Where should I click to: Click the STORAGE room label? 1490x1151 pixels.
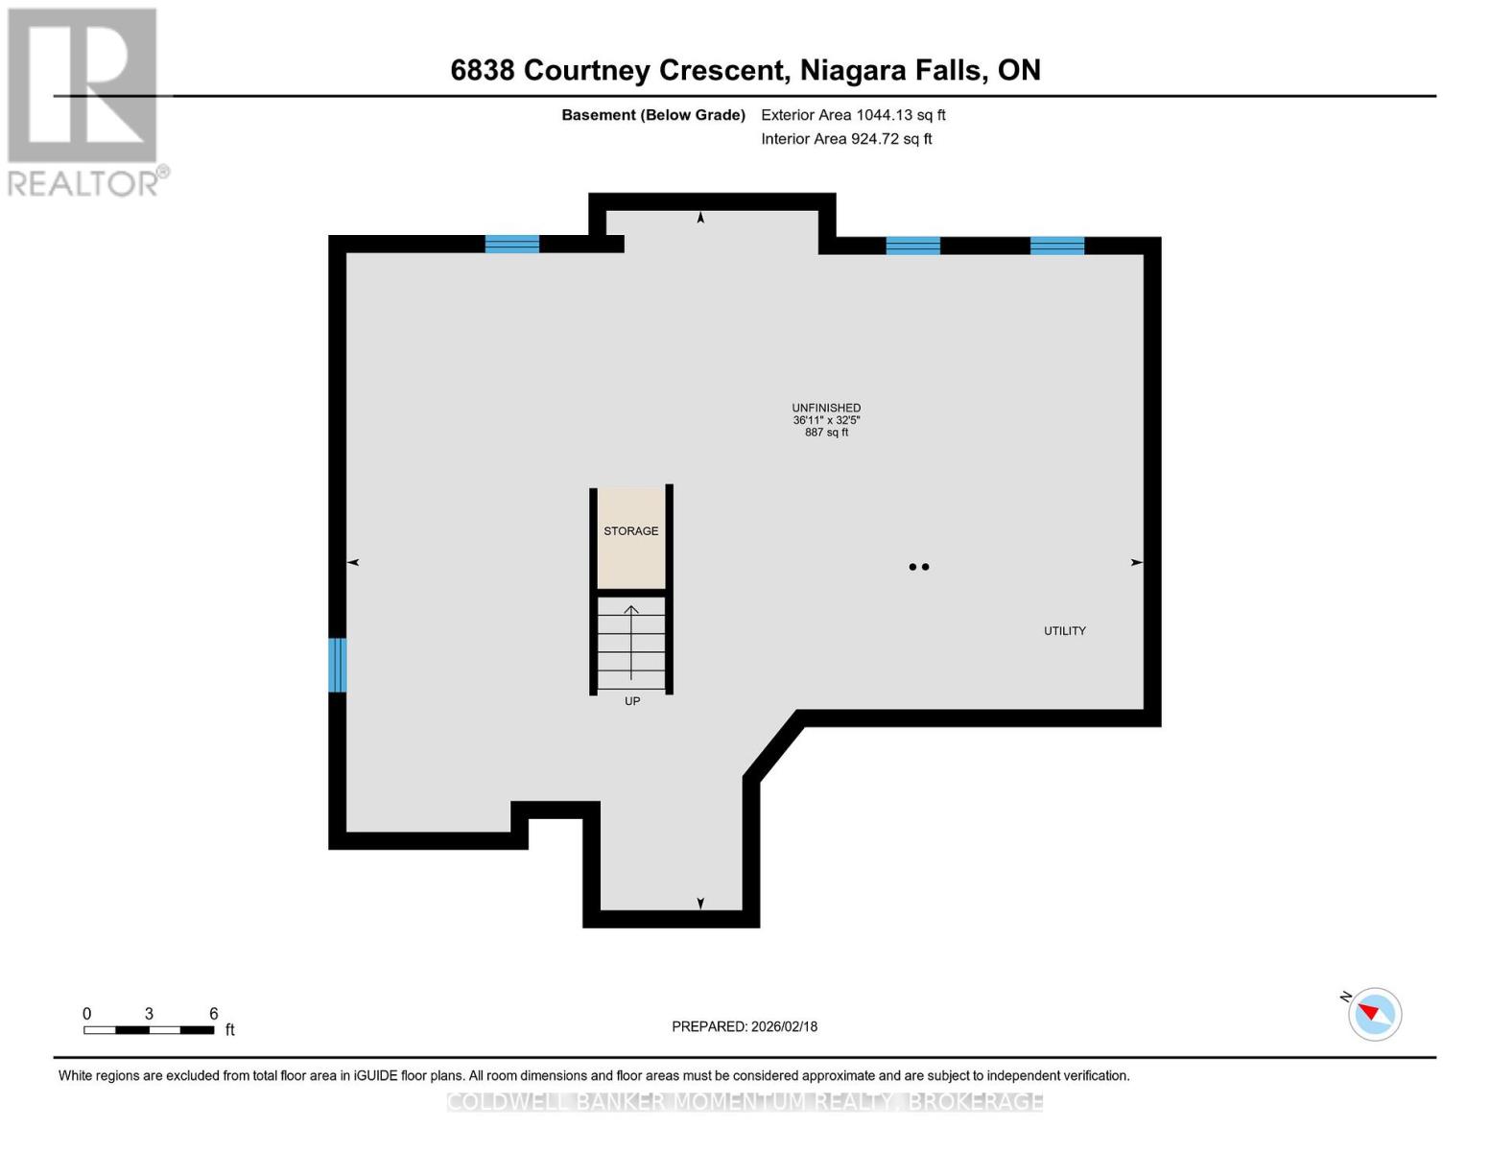630,531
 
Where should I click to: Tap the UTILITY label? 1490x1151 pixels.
1064,631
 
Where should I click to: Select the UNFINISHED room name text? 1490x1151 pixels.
826,408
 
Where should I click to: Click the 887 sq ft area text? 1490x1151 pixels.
826,433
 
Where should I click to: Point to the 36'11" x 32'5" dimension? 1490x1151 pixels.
826,420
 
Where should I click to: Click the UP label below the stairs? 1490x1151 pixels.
632,701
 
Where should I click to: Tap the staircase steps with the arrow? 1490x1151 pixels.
631,643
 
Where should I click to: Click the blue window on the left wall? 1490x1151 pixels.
337,665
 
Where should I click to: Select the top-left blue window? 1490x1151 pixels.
512,244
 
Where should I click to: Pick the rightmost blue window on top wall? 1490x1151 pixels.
1057,246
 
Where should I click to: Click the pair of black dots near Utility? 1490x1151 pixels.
918,567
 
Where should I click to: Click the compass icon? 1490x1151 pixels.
1374,1014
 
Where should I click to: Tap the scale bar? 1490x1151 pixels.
149,1030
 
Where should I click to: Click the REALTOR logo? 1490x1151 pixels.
84,102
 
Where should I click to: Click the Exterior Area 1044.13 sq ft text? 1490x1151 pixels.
853,115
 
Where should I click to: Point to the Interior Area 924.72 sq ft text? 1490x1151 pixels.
846,139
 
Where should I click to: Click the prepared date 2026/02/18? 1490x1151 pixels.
784,1026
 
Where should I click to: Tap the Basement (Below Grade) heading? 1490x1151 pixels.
652,115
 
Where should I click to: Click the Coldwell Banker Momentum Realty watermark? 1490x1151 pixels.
745,1102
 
